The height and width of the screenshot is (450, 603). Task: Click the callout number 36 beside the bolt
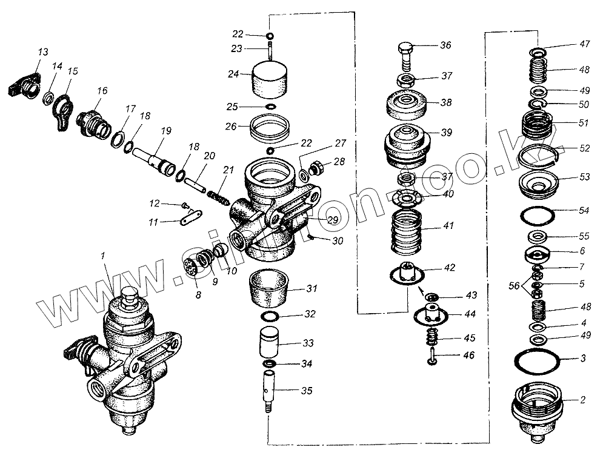[445, 45]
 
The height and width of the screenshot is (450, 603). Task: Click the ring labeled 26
[270, 128]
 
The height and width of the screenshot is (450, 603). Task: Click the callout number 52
[584, 148]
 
